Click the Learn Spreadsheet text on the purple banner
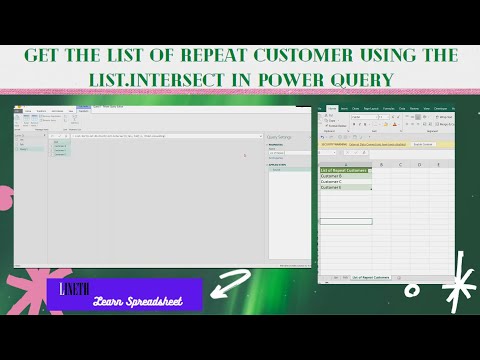coord(138,300)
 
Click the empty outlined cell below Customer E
coord(345,220)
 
